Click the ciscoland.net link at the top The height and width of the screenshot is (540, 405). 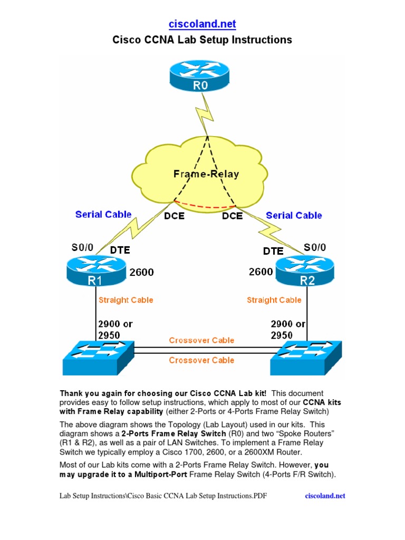pyautogui.click(x=202, y=24)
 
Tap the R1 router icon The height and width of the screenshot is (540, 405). pyautogui.click(x=96, y=269)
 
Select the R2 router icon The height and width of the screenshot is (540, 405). pyautogui.click(x=306, y=269)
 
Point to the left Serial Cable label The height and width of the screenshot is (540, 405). pyautogui.click(x=103, y=214)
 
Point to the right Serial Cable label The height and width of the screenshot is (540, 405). pyautogui.click(x=294, y=215)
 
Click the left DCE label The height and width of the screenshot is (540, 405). pyautogui.click(x=175, y=216)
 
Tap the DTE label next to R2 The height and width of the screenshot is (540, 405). pyautogui.click(x=273, y=251)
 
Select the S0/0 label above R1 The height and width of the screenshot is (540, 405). pyautogui.click(x=82, y=247)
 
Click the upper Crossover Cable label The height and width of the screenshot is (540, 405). pyautogui.click(x=201, y=340)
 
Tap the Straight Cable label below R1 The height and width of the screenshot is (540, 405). pyautogui.click(x=126, y=300)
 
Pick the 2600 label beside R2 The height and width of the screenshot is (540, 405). pyautogui.click(x=261, y=272)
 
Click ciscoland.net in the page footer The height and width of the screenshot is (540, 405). pyautogui.click(x=325, y=496)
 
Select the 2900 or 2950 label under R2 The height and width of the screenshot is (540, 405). pyautogui.click(x=288, y=329)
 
